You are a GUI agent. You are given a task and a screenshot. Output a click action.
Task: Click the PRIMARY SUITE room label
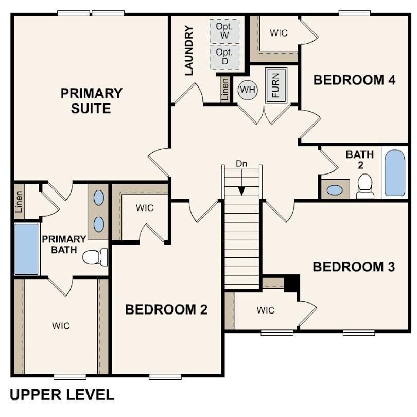tap(92, 101)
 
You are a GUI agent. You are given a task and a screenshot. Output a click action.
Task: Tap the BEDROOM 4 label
tap(355, 80)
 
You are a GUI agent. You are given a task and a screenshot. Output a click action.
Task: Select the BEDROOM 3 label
tap(354, 267)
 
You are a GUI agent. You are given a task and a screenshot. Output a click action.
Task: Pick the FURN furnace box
tap(275, 85)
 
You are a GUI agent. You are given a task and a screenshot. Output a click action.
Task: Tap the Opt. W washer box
tap(224, 31)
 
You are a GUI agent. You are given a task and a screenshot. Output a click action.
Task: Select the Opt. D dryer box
tap(224, 57)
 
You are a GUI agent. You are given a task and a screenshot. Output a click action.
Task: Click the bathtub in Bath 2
tap(395, 173)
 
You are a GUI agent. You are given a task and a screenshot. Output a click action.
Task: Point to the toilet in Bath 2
tap(365, 186)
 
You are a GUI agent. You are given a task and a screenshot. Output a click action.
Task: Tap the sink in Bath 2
tap(335, 190)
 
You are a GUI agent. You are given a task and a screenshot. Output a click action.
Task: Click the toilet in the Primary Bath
tap(95, 256)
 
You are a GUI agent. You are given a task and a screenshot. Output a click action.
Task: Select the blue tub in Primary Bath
tap(27, 249)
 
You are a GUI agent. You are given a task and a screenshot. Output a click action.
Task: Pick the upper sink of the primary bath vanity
tap(98, 198)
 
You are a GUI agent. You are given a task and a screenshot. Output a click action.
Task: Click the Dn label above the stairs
tap(241, 164)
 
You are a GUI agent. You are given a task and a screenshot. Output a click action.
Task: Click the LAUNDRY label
tap(189, 51)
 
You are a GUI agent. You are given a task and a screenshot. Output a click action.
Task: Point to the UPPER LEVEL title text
tap(62, 395)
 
